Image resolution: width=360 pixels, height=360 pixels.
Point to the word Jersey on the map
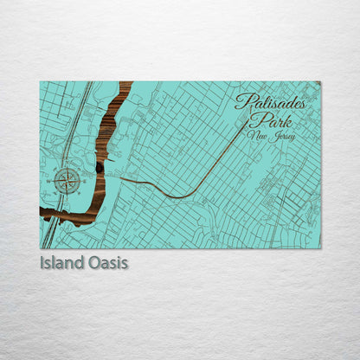279,136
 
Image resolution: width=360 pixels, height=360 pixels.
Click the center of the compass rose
67,181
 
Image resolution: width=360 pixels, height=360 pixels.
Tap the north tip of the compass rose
67,168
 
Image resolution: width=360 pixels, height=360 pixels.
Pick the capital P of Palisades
241,102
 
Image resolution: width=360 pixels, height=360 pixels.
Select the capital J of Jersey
269,136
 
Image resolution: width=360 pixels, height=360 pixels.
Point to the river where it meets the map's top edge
125,83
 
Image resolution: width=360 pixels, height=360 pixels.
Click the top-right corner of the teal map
320,82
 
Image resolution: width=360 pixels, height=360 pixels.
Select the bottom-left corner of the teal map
41,248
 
